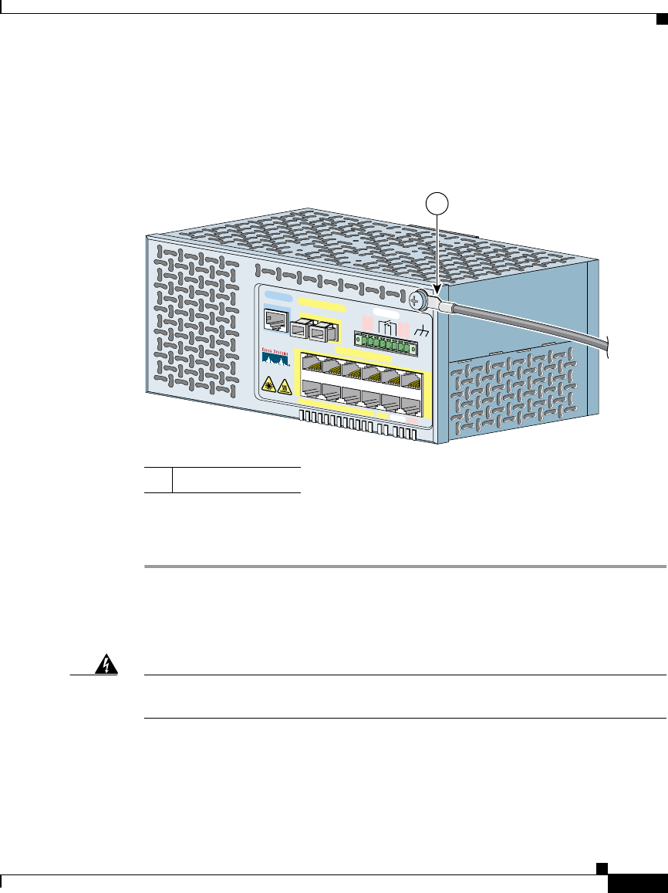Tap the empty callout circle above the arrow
coord(437,205)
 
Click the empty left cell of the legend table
coord(159,479)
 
